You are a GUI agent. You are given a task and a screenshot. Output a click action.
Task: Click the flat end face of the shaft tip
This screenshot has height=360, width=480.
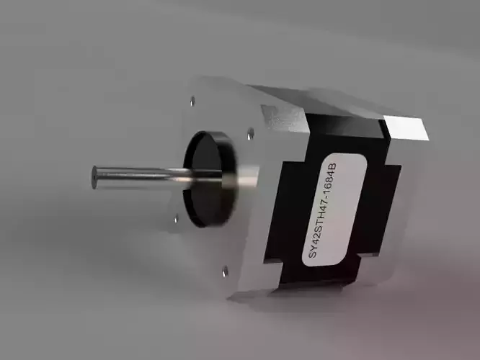click(x=94, y=177)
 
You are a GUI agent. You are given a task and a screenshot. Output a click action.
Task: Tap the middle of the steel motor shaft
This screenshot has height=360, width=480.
click(x=141, y=174)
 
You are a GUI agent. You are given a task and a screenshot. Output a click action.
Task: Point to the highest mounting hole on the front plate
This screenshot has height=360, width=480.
click(x=193, y=101)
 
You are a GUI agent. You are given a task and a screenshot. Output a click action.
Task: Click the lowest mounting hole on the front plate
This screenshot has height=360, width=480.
click(x=225, y=271)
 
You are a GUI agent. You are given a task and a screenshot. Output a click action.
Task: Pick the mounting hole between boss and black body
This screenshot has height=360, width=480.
click(x=250, y=133)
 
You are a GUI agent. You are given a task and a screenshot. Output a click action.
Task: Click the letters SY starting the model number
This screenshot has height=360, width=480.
click(x=311, y=252)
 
